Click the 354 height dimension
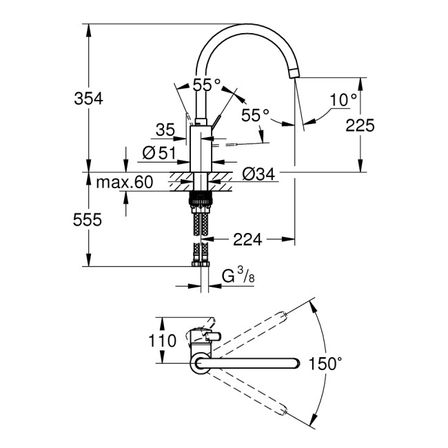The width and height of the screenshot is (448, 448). [x=88, y=99]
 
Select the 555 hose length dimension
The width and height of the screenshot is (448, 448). [x=88, y=220]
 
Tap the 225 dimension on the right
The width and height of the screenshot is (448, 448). [x=360, y=125]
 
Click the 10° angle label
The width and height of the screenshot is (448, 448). [x=343, y=99]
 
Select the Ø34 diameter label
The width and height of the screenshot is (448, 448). [x=258, y=175]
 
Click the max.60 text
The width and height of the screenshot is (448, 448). [x=124, y=183]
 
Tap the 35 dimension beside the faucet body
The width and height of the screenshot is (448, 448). [x=165, y=129]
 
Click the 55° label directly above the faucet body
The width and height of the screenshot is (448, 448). [x=206, y=85]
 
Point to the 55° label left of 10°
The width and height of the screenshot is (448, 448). [x=255, y=115]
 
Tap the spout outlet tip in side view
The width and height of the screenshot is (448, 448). [x=296, y=74]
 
